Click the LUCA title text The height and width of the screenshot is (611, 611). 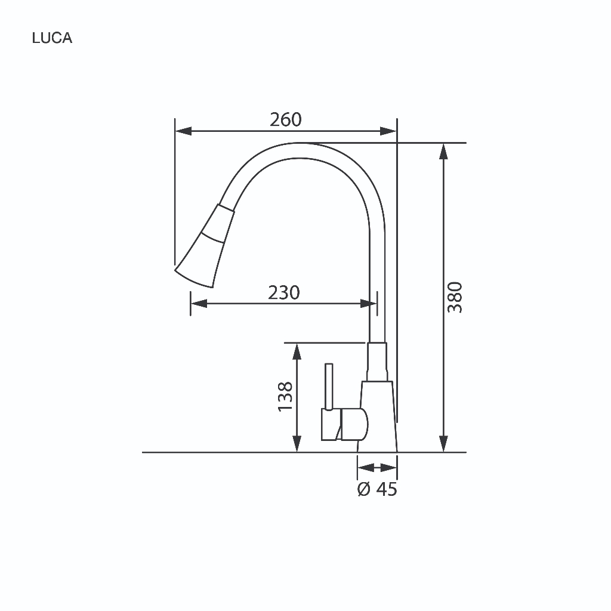point(53,38)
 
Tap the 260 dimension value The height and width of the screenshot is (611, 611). point(286,119)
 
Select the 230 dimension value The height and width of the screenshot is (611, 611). point(284,292)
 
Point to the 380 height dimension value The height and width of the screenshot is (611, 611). point(455,297)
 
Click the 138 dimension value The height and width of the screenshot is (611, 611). point(285,397)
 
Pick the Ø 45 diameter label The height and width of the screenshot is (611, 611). point(377,489)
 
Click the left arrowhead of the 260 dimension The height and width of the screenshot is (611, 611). point(184,131)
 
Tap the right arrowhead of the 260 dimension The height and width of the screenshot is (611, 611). point(388,131)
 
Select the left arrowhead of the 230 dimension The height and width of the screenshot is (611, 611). point(199,304)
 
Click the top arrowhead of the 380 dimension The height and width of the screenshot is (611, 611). point(443,152)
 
